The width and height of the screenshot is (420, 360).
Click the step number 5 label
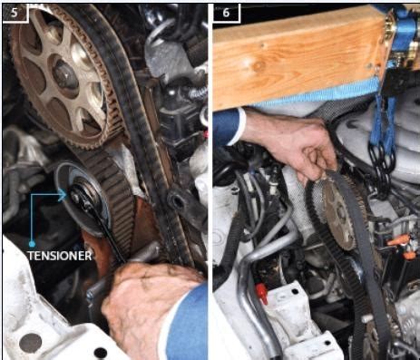(15, 13)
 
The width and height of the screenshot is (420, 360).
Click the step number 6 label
(226, 13)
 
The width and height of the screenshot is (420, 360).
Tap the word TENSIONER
(60, 256)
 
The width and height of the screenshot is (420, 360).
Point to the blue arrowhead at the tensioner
(63, 195)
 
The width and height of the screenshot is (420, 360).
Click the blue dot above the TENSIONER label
(32, 244)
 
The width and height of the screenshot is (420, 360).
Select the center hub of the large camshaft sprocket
(64, 73)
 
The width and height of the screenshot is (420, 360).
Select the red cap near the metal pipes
(262, 293)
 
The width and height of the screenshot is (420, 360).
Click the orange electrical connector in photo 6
(399, 242)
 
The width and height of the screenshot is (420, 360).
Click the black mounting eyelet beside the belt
(176, 201)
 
